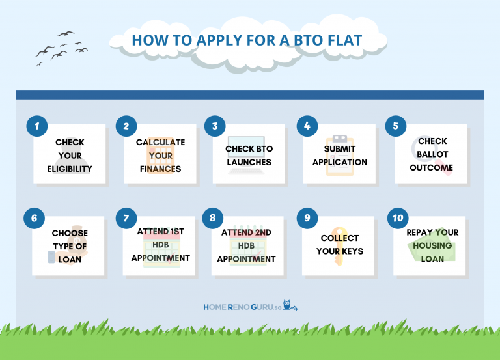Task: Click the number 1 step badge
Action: [37, 126]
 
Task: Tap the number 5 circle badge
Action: [395, 126]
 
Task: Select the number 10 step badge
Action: [397, 218]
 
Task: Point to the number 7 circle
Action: [126, 218]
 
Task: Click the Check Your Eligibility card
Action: [70, 155]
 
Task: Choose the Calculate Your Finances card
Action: [160, 155]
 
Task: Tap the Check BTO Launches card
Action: [249, 155]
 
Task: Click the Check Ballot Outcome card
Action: [430, 155]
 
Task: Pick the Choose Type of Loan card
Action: [70, 246]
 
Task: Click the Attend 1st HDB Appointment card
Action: [160, 246]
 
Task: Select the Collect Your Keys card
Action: [339, 245]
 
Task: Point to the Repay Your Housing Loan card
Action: [430, 245]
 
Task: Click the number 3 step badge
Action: [215, 126]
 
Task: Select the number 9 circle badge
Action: [307, 218]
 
